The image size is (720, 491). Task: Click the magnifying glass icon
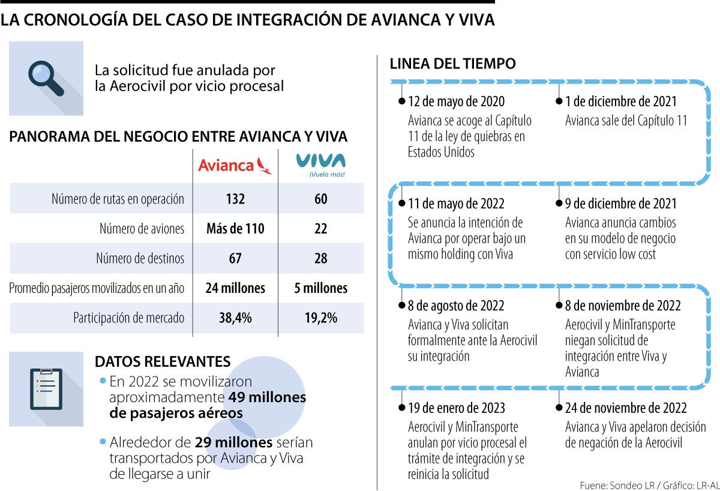46,78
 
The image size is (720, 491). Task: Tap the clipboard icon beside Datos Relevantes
46,388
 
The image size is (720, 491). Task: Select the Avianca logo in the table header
235,165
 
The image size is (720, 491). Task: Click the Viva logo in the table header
321,165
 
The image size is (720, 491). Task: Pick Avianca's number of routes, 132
235,199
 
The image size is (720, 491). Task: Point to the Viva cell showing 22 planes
321,229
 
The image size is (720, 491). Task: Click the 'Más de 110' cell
235,229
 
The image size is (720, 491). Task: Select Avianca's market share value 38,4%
235,318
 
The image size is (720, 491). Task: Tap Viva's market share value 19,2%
321,318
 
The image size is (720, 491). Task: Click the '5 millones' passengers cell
321,288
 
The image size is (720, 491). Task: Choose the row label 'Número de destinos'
140,259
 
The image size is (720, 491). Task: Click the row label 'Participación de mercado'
128,318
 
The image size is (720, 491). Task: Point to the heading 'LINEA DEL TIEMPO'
453,64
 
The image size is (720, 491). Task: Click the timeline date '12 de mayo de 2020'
456,101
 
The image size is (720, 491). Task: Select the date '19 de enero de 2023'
457,408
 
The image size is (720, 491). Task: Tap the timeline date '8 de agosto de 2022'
456,306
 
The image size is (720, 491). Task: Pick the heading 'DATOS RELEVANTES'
163,362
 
